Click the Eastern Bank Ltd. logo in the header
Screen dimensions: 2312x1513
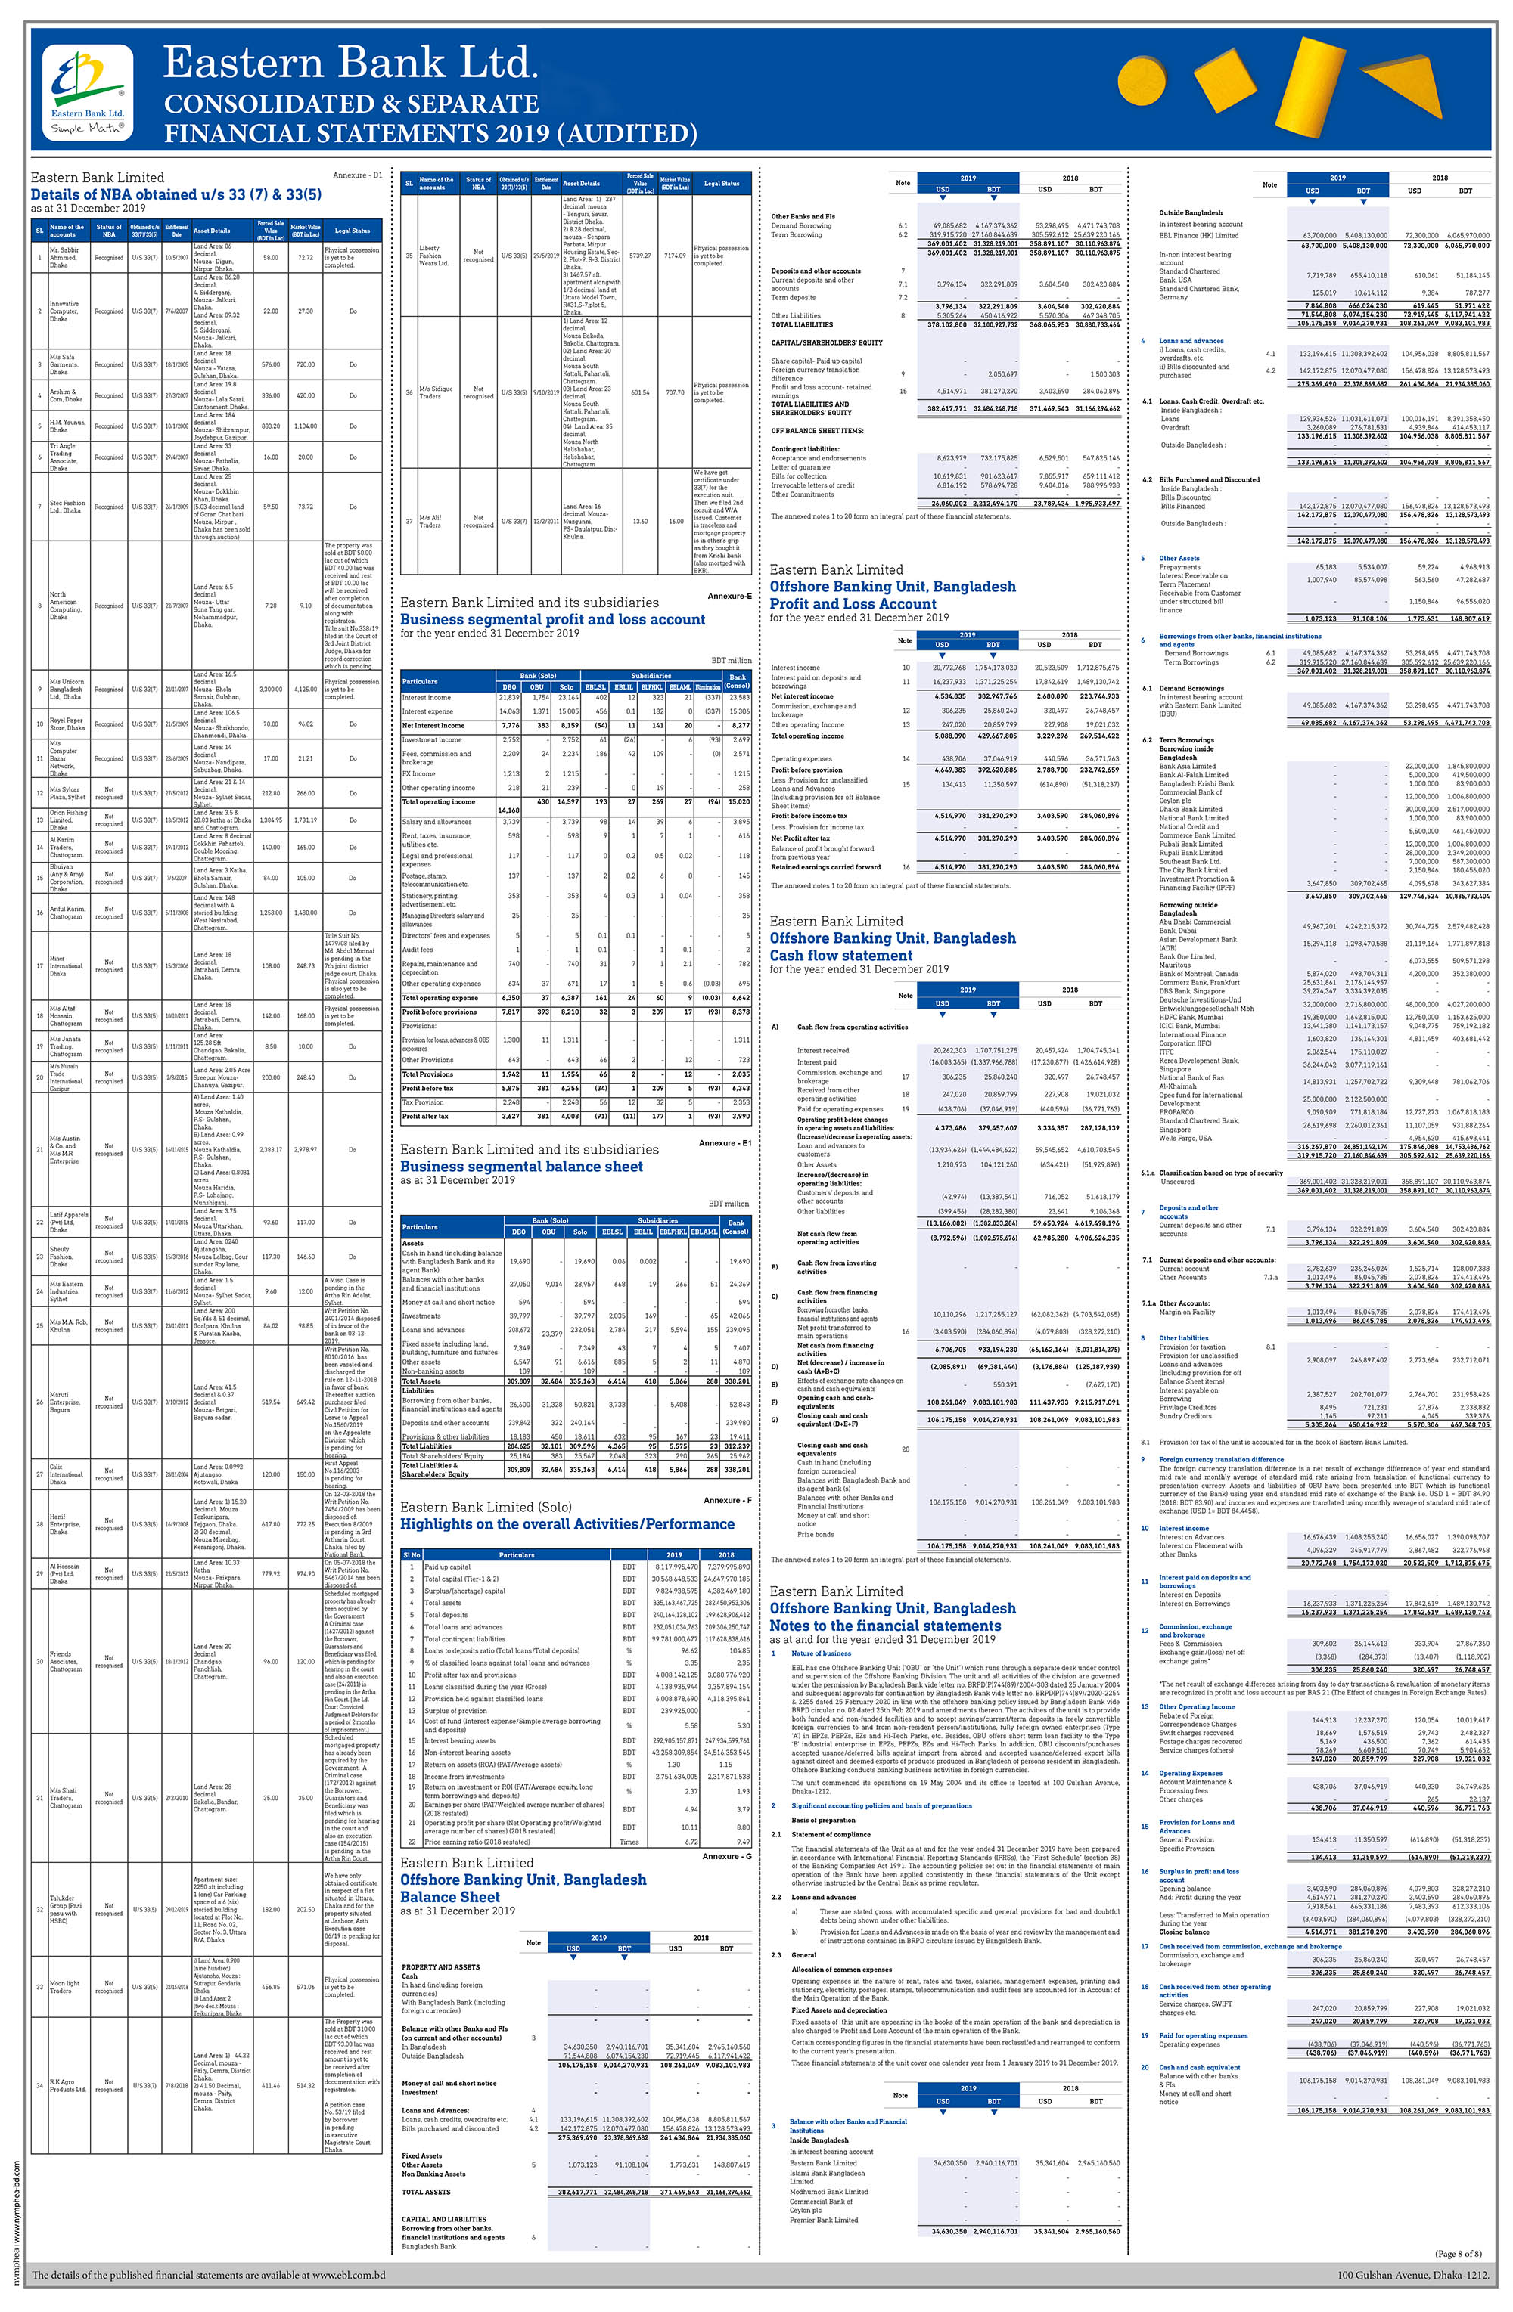pos(88,89)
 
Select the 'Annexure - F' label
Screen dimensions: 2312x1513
pos(726,1500)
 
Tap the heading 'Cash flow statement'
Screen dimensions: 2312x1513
pos(840,955)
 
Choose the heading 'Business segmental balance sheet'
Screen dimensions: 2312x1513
pos(521,1167)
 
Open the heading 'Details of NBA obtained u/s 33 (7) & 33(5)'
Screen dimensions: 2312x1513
pos(176,194)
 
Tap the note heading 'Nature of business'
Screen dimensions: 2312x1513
pos(820,1653)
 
